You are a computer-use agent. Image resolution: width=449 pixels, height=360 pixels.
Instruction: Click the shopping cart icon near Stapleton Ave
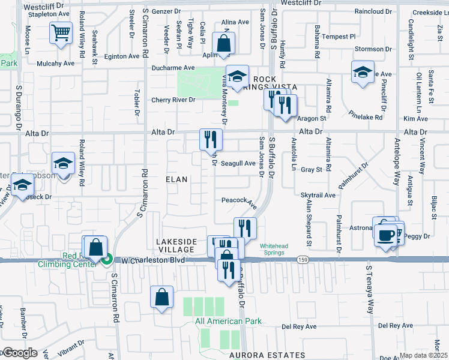tap(61, 32)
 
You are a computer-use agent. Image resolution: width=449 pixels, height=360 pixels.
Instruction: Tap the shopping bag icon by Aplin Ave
tap(223, 43)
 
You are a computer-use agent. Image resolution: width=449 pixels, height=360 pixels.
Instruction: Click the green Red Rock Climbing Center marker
tap(107, 260)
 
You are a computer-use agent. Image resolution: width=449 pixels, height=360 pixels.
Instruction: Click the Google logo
tap(19, 353)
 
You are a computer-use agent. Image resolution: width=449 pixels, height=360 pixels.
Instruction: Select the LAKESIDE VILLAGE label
tap(176, 245)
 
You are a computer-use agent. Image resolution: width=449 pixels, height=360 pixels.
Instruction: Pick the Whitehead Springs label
tap(276, 248)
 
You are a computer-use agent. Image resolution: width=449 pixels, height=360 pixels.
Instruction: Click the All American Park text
tap(228, 321)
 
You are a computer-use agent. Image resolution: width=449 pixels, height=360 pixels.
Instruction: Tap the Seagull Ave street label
tap(238, 163)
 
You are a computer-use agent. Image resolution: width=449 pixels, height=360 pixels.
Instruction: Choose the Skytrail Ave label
tap(318, 195)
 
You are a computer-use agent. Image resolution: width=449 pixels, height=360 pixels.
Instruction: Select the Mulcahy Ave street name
tap(55, 63)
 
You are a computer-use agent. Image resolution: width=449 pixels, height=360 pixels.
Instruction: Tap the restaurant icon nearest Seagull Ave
tap(211, 140)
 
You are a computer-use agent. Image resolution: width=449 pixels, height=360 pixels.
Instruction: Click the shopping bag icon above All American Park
tap(162, 297)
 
